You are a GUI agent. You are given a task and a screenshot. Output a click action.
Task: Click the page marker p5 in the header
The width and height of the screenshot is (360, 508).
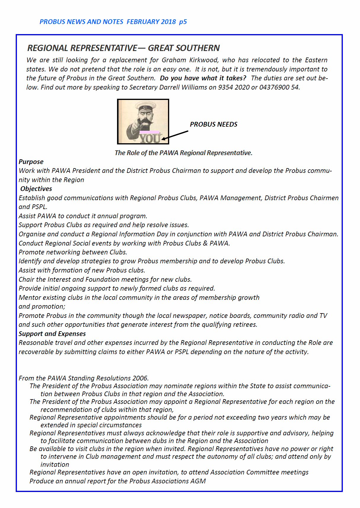click(x=183, y=22)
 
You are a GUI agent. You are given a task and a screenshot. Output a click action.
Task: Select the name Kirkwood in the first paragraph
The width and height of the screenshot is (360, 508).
click(x=205, y=60)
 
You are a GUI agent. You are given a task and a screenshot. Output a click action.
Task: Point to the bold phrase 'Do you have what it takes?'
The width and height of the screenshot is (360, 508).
click(x=203, y=78)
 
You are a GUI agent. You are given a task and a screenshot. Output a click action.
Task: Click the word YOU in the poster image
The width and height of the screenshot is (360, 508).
click(x=150, y=138)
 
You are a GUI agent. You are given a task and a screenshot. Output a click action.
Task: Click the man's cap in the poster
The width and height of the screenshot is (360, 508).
click(x=144, y=106)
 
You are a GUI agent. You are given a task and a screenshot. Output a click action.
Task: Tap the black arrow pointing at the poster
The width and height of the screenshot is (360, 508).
click(x=175, y=135)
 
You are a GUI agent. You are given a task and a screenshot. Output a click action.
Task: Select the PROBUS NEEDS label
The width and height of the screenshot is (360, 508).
click(x=214, y=124)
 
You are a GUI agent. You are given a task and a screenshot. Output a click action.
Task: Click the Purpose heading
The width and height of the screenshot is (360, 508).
click(x=31, y=162)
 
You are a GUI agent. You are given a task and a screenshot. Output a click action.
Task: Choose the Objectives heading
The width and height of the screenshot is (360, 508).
click(x=36, y=189)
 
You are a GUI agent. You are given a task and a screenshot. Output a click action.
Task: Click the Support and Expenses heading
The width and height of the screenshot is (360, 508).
click(x=52, y=334)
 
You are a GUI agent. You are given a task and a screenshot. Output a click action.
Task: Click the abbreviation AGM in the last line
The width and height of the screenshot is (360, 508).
click(x=198, y=481)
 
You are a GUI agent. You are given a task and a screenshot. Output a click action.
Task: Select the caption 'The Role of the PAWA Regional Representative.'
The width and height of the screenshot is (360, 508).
click(x=183, y=153)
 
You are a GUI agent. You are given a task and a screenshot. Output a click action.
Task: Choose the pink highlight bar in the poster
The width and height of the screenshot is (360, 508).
click(x=149, y=132)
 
